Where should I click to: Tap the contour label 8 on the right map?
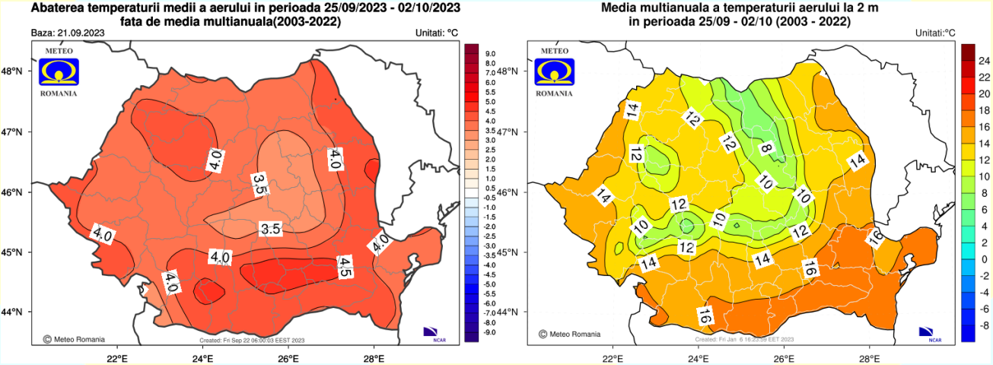(x=766, y=148)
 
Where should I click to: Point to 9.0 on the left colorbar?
(x=490, y=53)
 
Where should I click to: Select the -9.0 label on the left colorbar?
(x=489, y=332)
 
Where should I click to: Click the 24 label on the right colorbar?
(x=983, y=59)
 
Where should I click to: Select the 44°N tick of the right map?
(x=508, y=313)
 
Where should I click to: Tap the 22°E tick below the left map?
(x=116, y=358)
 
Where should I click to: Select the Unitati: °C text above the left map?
(x=436, y=33)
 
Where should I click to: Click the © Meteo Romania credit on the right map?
(x=568, y=334)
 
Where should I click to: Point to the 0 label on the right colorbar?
(x=983, y=259)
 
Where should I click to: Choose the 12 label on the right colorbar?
(x=983, y=159)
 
